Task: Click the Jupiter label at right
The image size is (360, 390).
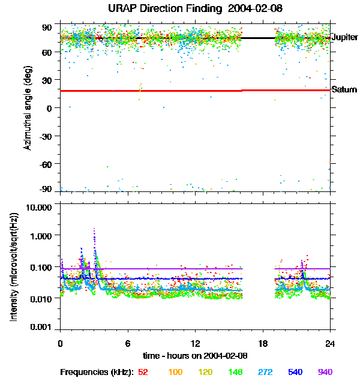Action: (344, 37)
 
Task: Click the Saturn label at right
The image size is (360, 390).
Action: (344, 90)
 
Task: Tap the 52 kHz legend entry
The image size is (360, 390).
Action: (143, 372)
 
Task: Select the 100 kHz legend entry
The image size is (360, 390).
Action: (175, 372)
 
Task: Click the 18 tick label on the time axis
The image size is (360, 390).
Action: (263, 343)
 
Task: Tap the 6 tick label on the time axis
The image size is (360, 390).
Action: (128, 343)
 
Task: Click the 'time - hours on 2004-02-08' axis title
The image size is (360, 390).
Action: (195, 355)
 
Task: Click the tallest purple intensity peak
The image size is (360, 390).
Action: (94, 229)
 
